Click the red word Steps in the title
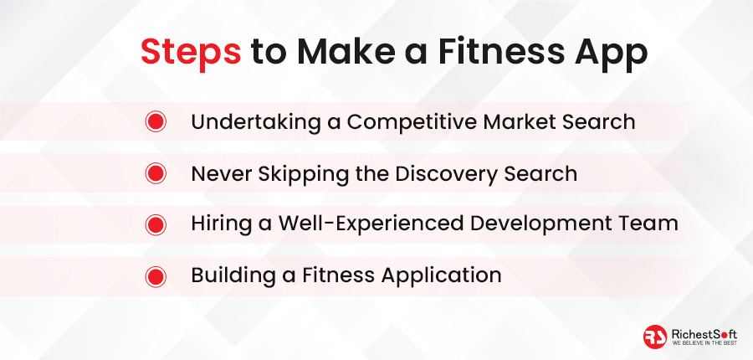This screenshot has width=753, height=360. click(191, 53)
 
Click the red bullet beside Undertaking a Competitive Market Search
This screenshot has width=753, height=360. click(156, 121)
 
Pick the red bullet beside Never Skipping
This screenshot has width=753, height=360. click(156, 173)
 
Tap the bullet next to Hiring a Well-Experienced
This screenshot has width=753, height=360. click(156, 225)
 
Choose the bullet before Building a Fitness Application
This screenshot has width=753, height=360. click(156, 277)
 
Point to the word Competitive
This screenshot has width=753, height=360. click(412, 122)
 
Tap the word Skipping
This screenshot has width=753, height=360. click(300, 174)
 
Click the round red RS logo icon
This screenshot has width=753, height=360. click(655, 337)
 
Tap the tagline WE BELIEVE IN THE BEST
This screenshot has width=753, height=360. click(704, 343)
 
